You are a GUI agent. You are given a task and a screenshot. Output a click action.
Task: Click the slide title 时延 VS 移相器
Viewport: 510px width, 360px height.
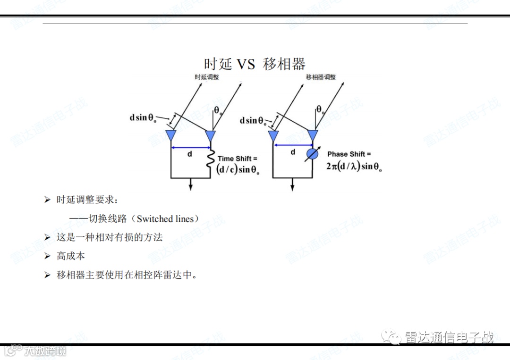tap(255, 64)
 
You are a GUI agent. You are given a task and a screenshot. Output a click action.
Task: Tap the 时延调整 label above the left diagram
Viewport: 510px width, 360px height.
tap(207, 77)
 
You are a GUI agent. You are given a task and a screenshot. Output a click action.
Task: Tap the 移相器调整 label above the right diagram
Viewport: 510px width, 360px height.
tap(321, 77)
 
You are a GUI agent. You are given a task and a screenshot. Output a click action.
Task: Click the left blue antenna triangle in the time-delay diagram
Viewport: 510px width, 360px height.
tap(170, 135)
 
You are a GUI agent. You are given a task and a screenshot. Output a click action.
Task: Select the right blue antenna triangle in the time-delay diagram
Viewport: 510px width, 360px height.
tap(211, 135)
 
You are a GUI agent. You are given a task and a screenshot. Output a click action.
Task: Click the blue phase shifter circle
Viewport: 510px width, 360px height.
tap(312, 154)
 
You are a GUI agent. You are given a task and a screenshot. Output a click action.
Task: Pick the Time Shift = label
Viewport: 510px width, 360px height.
tap(238, 159)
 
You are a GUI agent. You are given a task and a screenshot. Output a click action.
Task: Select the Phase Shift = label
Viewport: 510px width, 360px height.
tap(349, 154)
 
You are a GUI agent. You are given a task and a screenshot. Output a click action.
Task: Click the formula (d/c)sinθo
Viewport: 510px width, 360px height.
tap(238, 170)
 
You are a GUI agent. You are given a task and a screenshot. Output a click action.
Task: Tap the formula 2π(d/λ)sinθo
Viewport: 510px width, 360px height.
tap(354, 167)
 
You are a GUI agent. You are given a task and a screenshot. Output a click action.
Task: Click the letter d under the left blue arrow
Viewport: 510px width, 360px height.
tap(190, 154)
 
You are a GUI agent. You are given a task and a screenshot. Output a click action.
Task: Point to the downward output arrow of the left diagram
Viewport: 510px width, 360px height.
tap(191, 184)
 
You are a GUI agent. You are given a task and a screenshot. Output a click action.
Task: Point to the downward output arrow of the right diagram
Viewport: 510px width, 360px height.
tap(293, 184)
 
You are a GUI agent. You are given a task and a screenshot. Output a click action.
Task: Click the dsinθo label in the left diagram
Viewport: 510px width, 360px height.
tap(143, 118)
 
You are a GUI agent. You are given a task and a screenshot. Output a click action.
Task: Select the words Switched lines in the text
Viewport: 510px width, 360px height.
tap(165, 219)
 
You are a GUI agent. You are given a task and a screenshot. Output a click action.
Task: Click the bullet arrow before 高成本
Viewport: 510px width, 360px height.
tap(47, 256)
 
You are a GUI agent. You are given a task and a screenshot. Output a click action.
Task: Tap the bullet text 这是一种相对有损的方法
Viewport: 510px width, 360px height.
tap(110, 237)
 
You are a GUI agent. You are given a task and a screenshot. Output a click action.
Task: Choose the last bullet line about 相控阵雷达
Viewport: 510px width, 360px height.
tap(127, 275)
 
